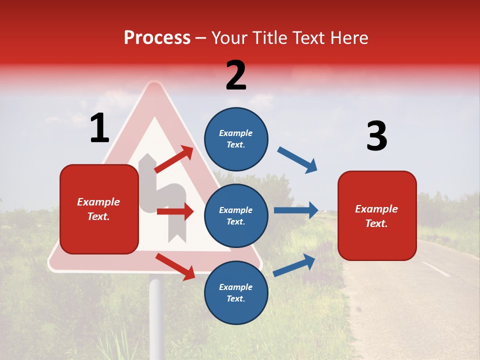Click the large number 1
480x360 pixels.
click(99, 128)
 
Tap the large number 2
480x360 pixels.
click(236, 75)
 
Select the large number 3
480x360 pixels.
click(376, 136)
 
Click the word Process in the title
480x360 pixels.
click(157, 37)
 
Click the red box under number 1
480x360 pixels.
click(99, 209)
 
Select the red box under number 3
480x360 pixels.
click(377, 216)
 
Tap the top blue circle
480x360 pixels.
click(236, 139)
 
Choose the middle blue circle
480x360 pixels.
click(236, 215)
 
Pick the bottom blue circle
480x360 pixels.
click(236, 292)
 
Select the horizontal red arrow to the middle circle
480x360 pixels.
click(175, 211)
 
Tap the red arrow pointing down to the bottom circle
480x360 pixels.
click(175, 266)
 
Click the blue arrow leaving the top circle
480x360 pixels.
click(297, 160)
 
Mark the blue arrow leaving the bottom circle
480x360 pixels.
click(294, 265)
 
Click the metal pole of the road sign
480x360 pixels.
click(156, 315)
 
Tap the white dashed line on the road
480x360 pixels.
click(435, 269)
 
